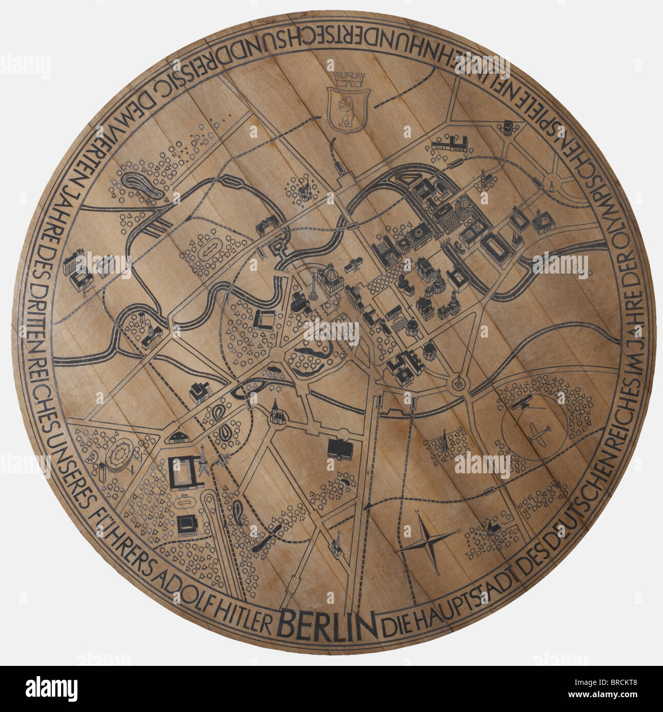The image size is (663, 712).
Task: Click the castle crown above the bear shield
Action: coord(348,79)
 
